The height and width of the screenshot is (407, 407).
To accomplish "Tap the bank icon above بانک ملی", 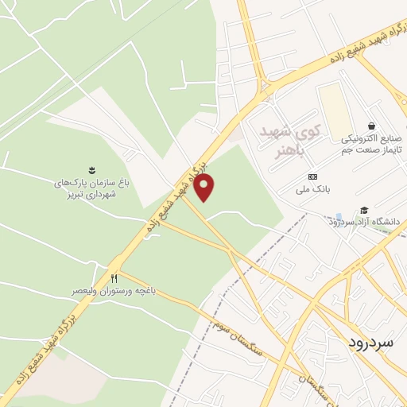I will [312, 176].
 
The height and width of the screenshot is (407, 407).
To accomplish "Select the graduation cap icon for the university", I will [364, 211].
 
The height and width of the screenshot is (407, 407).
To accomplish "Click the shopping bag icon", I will [371, 126].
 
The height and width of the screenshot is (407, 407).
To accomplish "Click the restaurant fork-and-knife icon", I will [114, 278].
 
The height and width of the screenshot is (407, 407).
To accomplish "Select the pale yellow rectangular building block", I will [335, 110].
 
